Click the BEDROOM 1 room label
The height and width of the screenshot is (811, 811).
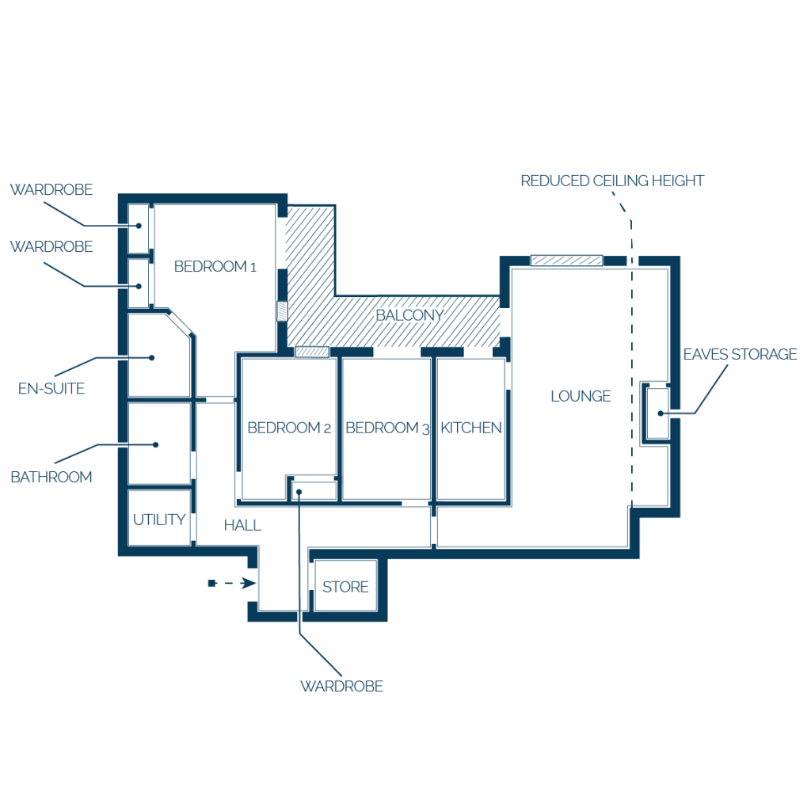point(215,266)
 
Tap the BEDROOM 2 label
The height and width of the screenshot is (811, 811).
point(289,428)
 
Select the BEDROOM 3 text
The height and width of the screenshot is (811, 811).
point(387,428)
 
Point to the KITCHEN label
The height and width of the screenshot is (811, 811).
point(471,428)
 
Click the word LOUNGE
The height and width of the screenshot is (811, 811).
point(581,396)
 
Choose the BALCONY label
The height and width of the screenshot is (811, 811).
point(409,315)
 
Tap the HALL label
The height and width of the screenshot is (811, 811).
point(242,526)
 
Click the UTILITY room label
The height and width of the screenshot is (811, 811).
point(159,520)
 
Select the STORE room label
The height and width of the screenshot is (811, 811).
point(345,587)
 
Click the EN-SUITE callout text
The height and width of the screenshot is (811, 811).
point(51,388)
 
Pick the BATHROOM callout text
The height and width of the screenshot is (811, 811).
point(51,477)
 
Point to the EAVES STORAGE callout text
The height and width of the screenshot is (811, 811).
point(741,354)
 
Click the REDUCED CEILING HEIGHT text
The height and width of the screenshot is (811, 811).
point(612,181)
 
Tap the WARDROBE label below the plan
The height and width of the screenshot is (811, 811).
point(342,687)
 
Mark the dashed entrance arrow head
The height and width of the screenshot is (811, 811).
point(249,584)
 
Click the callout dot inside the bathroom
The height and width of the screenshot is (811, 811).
point(156,445)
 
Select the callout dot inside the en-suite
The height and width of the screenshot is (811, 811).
point(151,357)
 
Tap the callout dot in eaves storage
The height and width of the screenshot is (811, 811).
point(661,413)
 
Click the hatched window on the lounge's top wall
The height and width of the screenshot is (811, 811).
point(567,260)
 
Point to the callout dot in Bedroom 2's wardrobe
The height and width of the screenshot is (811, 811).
point(299,492)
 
